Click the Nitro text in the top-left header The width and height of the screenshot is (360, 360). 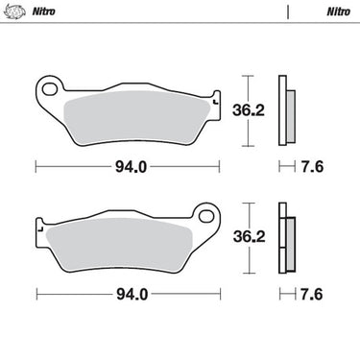point(44,12)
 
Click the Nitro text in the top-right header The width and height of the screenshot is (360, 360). point(338,12)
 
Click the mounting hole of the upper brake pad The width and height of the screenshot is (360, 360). point(50,89)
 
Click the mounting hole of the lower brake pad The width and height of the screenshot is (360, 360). point(206,216)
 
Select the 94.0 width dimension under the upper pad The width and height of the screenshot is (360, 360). point(132,167)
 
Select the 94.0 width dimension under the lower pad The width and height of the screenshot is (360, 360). point(132,294)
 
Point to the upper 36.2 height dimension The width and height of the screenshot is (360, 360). point(249,110)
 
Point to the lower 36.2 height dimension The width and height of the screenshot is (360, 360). point(250,237)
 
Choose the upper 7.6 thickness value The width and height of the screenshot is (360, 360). point(312,167)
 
